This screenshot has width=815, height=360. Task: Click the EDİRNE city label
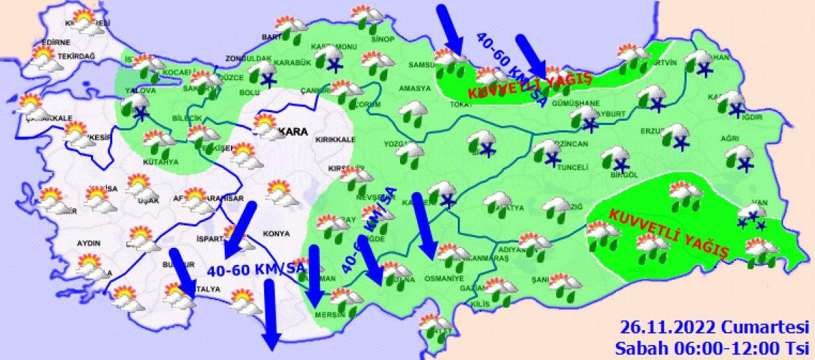47,42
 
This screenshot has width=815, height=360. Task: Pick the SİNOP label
382,39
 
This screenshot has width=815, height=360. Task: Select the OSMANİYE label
446,278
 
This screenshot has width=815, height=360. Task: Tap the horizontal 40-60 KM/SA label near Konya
255,270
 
